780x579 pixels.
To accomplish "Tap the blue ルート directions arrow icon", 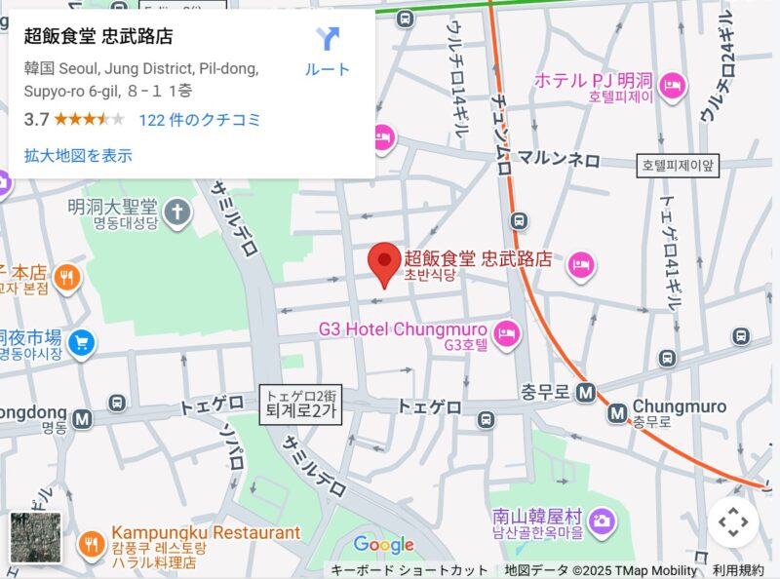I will point(328,41).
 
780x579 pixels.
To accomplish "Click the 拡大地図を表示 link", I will point(78,155).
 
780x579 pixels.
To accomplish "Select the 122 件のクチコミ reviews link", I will point(200,120).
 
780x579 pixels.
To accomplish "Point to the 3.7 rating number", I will point(36,120).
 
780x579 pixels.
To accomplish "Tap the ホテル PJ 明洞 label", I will point(594,80).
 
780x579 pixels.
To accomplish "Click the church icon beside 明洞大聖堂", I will point(177,211).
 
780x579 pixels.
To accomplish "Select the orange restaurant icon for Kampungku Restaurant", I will point(92,543).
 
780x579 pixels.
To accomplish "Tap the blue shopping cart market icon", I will point(82,342).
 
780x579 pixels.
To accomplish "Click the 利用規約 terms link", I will point(738,570).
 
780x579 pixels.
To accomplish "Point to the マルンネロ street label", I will point(558,160).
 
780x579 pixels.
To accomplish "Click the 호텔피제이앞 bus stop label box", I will point(679,166).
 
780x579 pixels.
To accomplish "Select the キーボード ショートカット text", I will point(409,570).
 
